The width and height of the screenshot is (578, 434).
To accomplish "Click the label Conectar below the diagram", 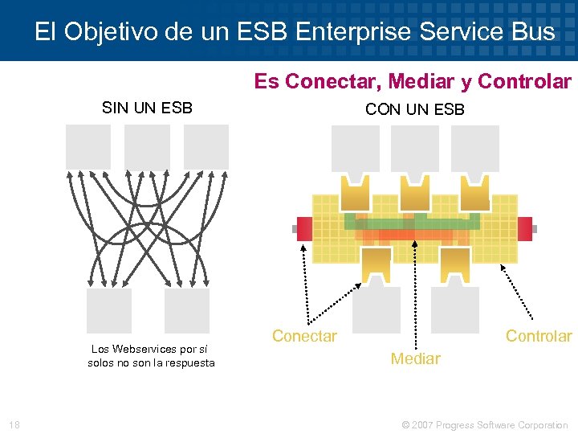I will click(304, 336).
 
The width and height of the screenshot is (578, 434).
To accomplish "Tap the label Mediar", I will click(415, 358).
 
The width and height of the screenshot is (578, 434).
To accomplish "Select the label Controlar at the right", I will click(538, 336).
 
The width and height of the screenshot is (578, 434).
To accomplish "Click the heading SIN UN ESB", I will click(147, 108).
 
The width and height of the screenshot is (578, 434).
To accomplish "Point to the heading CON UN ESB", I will click(414, 109).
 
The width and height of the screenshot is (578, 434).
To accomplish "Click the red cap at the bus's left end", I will click(304, 228).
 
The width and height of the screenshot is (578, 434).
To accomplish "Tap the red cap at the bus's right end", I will click(525, 228).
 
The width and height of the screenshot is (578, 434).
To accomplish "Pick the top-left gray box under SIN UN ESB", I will click(88, 147).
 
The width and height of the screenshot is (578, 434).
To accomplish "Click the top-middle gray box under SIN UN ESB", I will click(147, 147).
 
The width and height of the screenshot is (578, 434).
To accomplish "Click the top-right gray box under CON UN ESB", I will click(474, 149).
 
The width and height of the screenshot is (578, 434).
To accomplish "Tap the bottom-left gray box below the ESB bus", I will click(376, 310).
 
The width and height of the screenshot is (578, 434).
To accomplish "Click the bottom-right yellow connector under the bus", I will click(454, 262).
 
